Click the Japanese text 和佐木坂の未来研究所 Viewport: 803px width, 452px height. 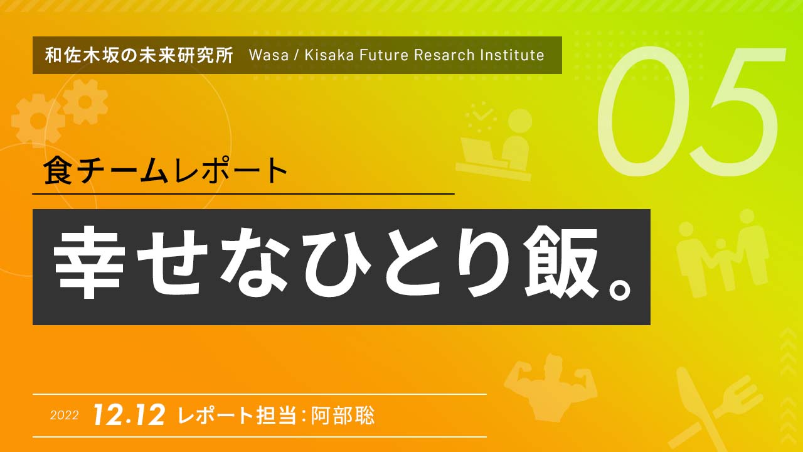pos(139,55)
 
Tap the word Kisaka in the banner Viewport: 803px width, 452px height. pos(329,55)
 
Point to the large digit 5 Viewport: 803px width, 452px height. pos(738,111)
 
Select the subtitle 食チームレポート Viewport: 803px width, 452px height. pos(166,171)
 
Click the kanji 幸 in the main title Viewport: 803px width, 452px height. pos(89,262)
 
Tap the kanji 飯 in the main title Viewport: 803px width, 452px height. pos(560,262)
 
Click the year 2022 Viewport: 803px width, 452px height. pos(64,416)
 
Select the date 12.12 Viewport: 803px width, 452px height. pos(129,415)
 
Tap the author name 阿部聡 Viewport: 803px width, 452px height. pos(343,416)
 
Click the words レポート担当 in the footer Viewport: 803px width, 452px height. pos(237,416)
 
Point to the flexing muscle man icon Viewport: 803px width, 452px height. pos(550,387)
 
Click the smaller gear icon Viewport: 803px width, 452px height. pos(85,102)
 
